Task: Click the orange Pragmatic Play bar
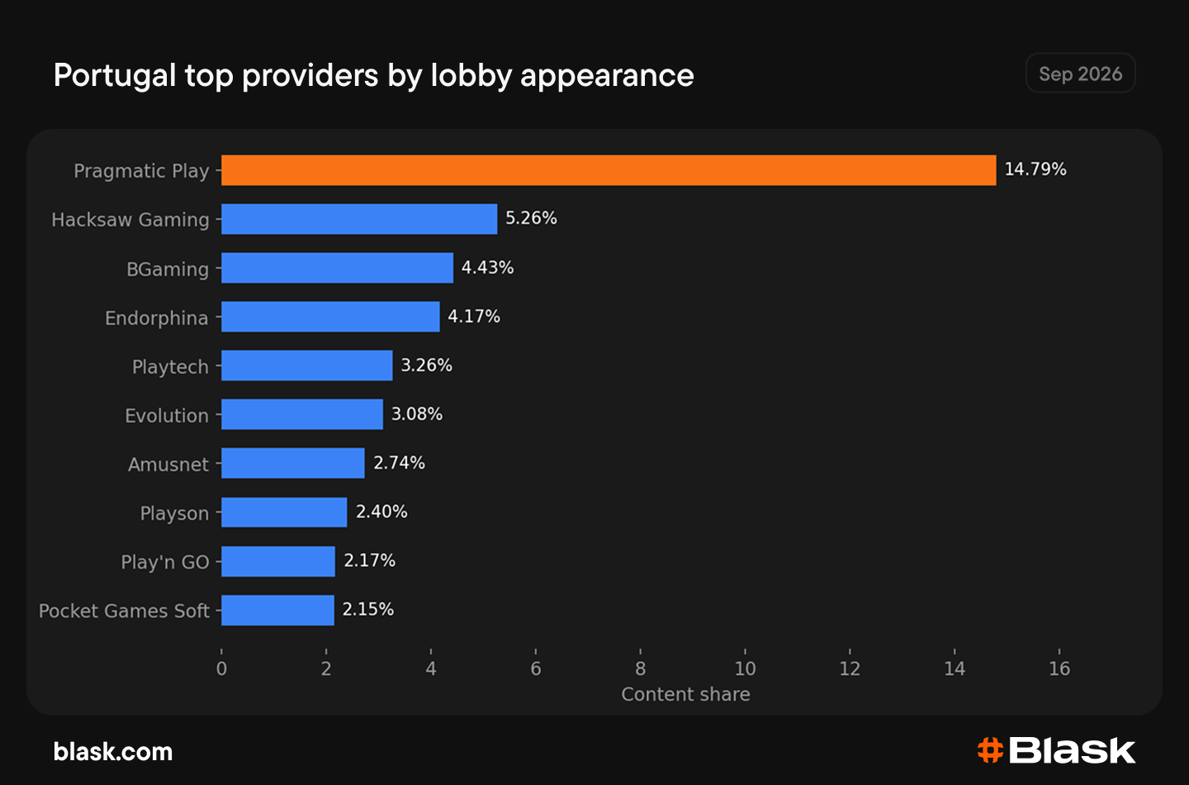pos(609,170)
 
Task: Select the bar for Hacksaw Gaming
pos(359,219)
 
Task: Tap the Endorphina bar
pos(330,316)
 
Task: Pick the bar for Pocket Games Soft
pos(277,611)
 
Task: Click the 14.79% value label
pos(1035,169)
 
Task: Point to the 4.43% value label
pos(487,267)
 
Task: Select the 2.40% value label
pos(381,511)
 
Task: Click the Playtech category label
pos(170,367)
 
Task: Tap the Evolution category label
pos(167,416)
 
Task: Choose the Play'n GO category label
pos(165,562)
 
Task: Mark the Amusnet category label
pos(168,464)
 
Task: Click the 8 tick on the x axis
pos(640,668)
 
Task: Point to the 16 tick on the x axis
pos(1059,668)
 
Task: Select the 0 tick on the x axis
pos(221,668)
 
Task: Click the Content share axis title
pos(686,694)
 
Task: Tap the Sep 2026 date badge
pos(1080,74)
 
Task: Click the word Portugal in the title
pos(115,75)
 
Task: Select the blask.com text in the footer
pos(113,752)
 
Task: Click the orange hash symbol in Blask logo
pos(990,750)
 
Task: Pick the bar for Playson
pos(284,512)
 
